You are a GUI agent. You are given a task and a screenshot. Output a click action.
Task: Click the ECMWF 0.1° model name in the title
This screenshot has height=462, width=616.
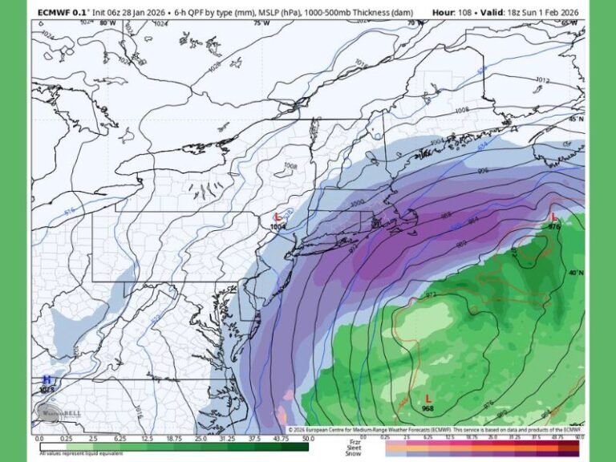click(x=62, y=12)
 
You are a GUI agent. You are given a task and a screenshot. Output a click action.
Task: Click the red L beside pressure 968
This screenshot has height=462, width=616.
click(x=428, y=398)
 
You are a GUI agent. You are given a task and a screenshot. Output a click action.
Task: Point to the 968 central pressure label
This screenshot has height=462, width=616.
click(x=428, y=409)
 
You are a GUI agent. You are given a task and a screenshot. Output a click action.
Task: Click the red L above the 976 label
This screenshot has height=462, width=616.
click(x=553, y=217)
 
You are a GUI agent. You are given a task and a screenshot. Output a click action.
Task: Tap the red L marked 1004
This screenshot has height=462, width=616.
click(x=278, y=217)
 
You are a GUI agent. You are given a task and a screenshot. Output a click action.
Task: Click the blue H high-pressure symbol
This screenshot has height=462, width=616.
click(x=47, y=379)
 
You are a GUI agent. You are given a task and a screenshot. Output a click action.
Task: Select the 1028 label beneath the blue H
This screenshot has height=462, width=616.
click(x=47, y=390)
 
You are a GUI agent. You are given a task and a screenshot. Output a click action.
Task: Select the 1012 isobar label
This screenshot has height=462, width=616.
click(x=542, y=80)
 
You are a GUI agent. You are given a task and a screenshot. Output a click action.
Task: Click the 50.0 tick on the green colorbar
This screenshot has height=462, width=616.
click(x=308, y=439)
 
